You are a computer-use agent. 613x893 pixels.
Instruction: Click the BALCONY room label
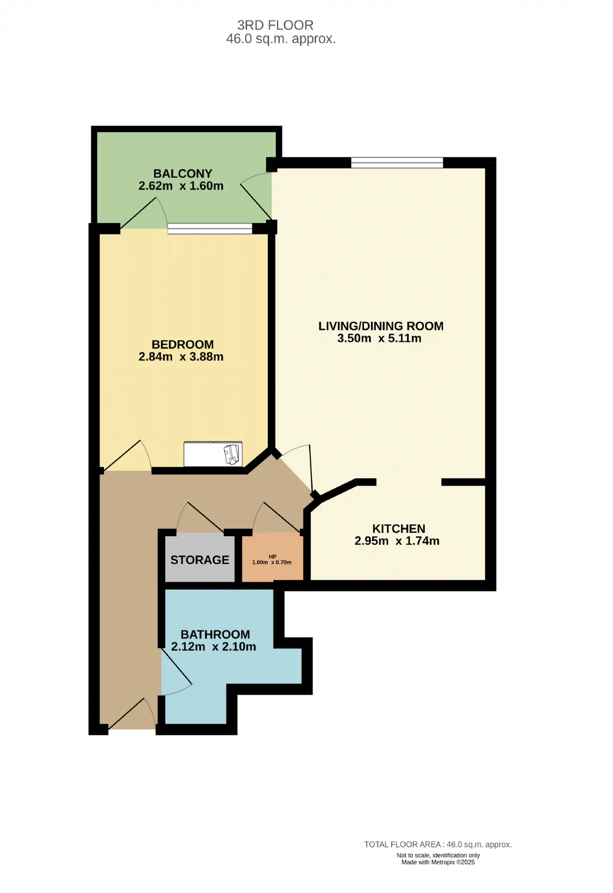182,173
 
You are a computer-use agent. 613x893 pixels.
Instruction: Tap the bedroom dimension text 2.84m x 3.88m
181,357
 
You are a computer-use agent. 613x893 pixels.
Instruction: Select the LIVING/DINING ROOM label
381,326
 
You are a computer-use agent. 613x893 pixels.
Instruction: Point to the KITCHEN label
399,529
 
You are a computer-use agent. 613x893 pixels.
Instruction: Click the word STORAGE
200,560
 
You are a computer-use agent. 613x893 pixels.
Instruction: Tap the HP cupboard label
272,556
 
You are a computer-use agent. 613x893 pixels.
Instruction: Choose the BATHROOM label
215,634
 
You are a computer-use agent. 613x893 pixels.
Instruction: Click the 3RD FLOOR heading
275,25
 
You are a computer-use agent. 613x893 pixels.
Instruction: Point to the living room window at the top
397,163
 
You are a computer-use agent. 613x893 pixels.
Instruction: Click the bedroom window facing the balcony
210,229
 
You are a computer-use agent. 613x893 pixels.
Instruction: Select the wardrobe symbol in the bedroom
213,454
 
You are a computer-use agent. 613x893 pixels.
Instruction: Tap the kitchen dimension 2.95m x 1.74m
397,541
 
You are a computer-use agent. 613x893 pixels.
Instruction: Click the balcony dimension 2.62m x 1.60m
181,186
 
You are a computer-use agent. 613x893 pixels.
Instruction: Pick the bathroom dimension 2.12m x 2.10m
214,647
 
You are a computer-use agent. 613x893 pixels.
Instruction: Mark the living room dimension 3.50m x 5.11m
379,339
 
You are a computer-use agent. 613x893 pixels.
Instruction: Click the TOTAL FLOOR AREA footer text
438,845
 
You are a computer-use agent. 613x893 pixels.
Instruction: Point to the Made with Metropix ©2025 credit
438,862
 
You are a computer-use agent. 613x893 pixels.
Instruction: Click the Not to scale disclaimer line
438,855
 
